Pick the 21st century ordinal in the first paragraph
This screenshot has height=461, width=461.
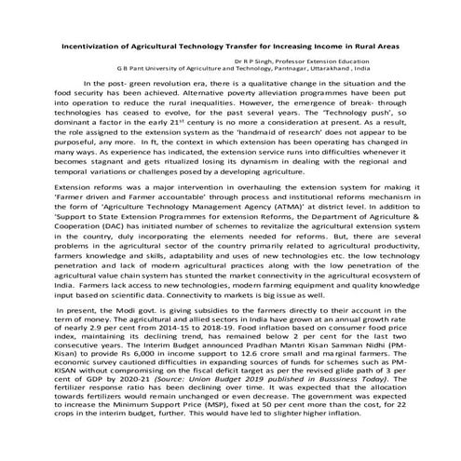click(226, 121)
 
